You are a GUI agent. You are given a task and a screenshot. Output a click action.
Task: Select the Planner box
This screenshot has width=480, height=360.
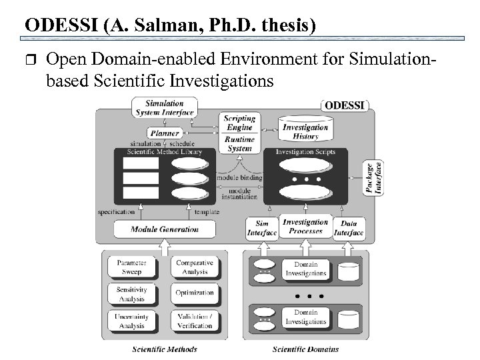pos(164,133)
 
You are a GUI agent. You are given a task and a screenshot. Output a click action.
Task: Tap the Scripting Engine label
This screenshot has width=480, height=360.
pos(239,123)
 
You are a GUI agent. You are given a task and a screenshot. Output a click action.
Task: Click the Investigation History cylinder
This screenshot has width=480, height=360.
pos(305,131)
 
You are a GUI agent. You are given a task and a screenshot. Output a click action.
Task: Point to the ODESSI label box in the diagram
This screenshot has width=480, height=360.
pos(345,105)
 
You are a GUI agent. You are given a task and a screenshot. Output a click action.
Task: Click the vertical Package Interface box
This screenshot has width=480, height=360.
pos(373,179)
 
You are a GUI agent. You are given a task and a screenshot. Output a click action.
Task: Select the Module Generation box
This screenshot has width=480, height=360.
pos(164,229)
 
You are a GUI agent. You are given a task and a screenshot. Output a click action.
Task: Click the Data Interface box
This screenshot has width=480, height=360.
pos(348,229)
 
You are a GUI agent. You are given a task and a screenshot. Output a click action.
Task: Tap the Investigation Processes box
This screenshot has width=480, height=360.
pos(305,227)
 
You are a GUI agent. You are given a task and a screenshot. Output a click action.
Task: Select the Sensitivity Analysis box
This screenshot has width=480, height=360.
pos(131,294)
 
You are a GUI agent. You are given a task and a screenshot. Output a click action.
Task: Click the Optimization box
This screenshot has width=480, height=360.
pos(195,293)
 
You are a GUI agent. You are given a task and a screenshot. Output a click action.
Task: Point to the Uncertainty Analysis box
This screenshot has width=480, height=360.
pos(131,321)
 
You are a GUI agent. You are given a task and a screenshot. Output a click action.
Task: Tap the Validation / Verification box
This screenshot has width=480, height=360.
pos(195,321)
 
